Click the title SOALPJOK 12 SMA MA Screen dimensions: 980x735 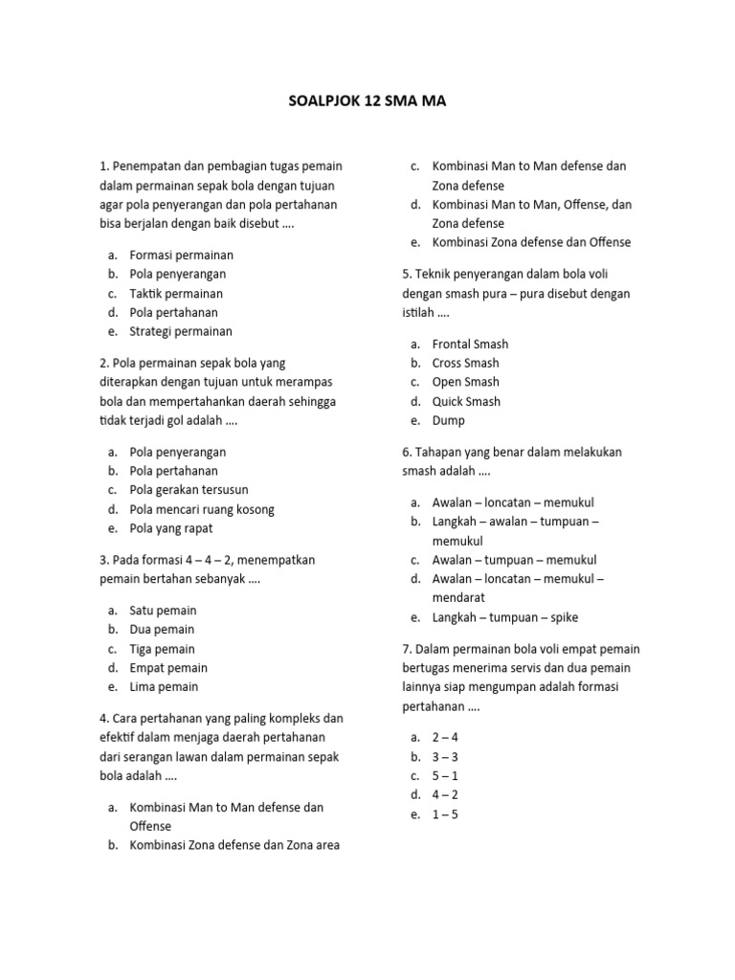coord(367,100)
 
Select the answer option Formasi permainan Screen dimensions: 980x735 coord(181,256)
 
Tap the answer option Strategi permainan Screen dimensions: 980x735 coord(181,331)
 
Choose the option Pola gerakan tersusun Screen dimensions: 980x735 coord(189,490)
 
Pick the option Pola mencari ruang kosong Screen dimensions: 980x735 coord(201,509)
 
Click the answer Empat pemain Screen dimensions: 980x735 coord(168,668)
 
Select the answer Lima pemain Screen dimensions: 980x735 coord(164,687)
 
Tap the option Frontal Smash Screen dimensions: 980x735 coord(470,345)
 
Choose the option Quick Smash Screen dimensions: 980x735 coord(466,402)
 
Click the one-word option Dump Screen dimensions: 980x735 coord(448,421)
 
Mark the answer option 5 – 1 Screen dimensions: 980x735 coord(445,776)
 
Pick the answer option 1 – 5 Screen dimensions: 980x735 coord(445,814)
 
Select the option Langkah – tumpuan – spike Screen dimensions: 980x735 coord(504,617)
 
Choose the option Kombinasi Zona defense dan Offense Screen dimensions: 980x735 coord(531,242)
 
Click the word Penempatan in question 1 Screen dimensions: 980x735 coord(148,167)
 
